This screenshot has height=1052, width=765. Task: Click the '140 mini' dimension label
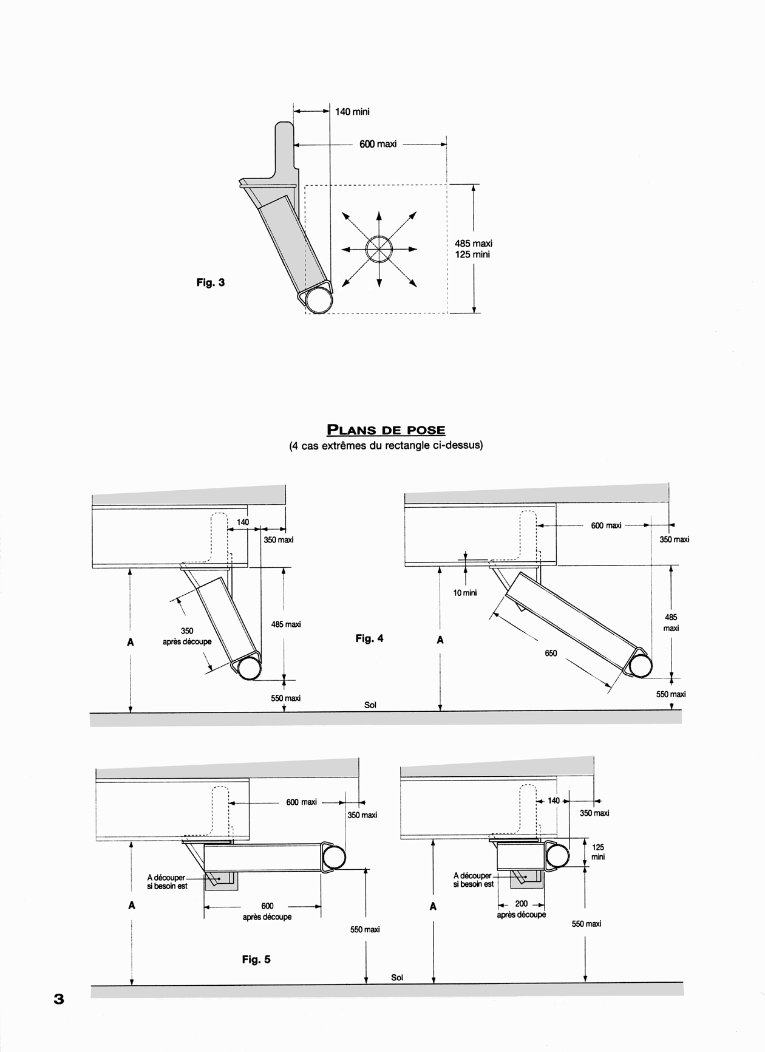click(352, 112)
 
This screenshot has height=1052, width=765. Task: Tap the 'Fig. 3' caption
click(211, 282)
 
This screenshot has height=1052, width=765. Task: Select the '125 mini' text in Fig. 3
click(472, 254)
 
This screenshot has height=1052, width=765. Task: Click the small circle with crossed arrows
click(379, 248)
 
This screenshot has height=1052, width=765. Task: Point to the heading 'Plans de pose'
click(386, 430)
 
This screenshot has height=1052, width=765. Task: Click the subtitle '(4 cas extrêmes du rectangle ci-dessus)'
click(386, 445)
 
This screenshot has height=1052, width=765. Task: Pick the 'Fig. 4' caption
click(369, 638)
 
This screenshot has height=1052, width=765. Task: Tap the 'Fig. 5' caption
click(256, 960)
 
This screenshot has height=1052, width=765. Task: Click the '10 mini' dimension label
click(465, 593)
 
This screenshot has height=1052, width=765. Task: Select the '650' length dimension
click(551, 654)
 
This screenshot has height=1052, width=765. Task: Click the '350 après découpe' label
click(187, 636)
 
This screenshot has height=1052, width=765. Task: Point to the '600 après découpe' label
click(267, 911)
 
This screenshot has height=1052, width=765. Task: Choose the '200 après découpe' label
click(522, 909)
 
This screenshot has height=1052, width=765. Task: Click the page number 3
click(59, 999)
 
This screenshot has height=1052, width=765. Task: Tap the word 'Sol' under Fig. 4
click(370, 705)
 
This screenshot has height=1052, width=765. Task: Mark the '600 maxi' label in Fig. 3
click(378, 145)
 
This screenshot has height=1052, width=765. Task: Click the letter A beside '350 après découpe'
click(131, 642)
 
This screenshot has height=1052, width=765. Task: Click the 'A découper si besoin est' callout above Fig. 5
click(167, 882)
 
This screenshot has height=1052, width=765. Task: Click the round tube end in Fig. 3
click(319, 300)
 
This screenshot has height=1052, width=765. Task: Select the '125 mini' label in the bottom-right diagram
click(597, 852)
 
